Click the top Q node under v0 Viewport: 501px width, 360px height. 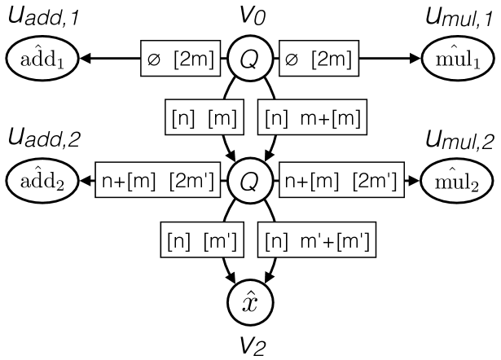pos(249,59)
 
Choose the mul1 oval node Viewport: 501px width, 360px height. pos(456,59)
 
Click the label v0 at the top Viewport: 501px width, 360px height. pos(249,16)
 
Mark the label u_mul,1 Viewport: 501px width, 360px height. pos(456,18)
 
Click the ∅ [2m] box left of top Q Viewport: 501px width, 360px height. pos(178,59)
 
